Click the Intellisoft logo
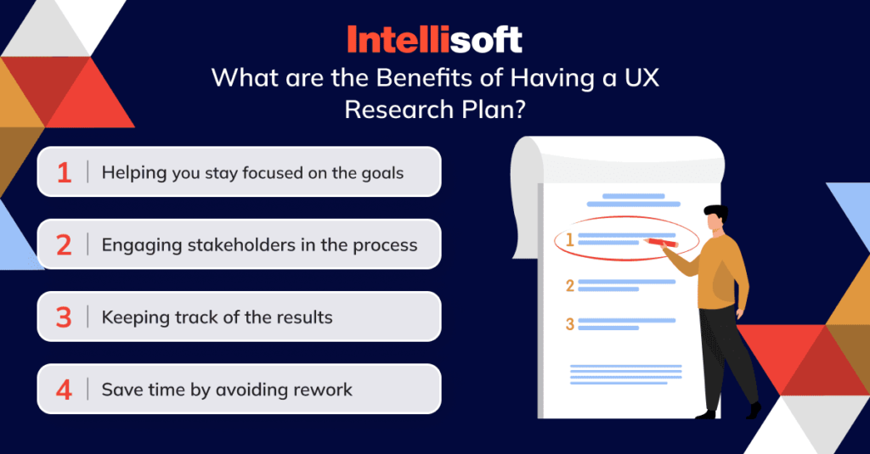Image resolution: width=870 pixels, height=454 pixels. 434,39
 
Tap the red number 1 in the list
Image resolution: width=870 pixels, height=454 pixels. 65,172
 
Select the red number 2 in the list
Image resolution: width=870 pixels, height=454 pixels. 65,245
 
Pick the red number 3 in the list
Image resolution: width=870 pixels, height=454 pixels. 65,317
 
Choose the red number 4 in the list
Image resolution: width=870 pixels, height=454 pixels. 65,390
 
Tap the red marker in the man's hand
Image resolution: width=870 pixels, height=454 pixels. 660,242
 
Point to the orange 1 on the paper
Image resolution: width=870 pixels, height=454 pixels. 570,240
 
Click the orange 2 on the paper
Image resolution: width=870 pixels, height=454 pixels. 570,286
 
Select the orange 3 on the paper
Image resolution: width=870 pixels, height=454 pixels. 570,323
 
